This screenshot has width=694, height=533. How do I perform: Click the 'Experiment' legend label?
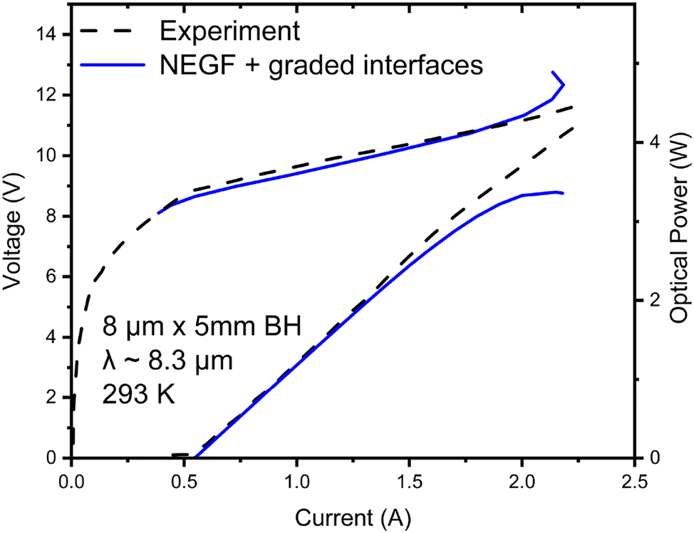tap(227, 31)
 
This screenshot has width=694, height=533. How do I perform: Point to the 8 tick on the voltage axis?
tap(55, 217)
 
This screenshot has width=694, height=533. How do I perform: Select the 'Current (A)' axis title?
tap(353, 514)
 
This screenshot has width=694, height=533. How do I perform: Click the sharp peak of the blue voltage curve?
tap(554, 72)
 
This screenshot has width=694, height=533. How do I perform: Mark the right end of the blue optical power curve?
tap(563, 193)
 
